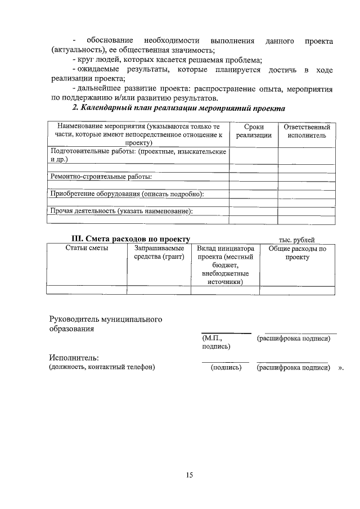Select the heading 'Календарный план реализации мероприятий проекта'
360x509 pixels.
click(x=179, y=108)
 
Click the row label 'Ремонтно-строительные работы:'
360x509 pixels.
click(x=102, y=177)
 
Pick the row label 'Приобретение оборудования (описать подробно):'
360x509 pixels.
click(x=127, y=194)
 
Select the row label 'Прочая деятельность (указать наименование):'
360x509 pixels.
click(x=121, y=211)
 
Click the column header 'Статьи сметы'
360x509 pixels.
click(x=87, y=249)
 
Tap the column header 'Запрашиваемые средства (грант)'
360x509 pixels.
click(x=159, y=253)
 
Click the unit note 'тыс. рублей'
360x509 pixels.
click(x=296, y=240)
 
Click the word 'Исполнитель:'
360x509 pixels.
click(x=74, y=358)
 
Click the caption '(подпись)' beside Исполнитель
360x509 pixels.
click(x=226, y=367)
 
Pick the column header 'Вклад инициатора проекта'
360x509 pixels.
click(x=225, y=265)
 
